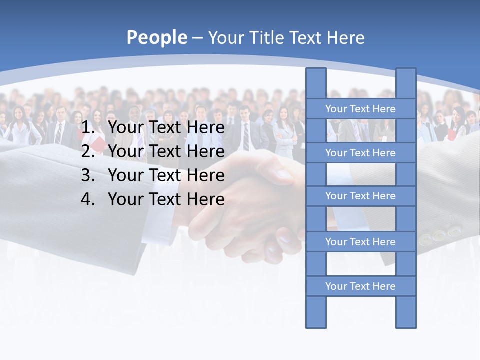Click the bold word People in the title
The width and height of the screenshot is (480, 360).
tap(156, 38)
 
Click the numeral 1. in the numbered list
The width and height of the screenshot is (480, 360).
tap(88, 128)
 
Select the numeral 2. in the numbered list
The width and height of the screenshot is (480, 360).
tap(88, 151)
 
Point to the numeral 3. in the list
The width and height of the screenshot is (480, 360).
tap(88, 175)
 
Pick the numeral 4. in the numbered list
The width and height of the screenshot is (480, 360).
tap(88, 199)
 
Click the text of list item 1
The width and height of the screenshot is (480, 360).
tap(166, 128)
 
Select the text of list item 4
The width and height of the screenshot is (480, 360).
tap(166, 199)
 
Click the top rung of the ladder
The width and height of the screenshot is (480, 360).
tap(360, 108)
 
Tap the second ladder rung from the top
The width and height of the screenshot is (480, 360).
tap(360, 152)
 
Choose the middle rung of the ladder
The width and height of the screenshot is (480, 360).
tap(360, 196)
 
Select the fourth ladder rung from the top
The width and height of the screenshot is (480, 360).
tap(360, 241)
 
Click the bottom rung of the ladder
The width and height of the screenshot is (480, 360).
tap(360, 286)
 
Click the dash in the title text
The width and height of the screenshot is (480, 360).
tap(197, 38)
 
